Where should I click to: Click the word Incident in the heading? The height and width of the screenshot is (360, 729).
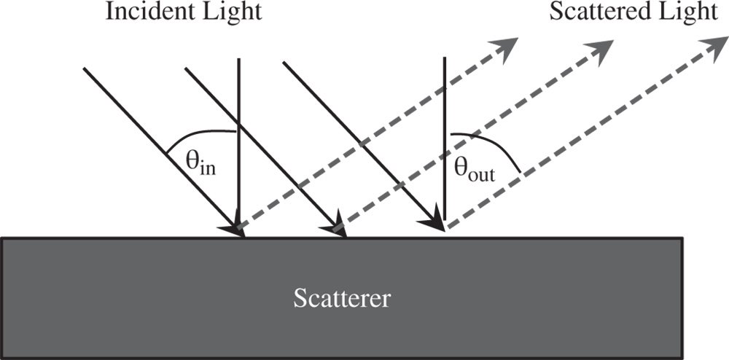tap(141, 12)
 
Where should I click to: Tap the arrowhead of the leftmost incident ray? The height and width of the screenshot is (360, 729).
tap(237, 228)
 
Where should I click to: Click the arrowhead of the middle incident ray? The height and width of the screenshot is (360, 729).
tap(338, 229)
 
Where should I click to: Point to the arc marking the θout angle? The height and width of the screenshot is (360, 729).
tap(496, 146)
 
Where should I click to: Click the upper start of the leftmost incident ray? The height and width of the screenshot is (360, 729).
tap(85, 69)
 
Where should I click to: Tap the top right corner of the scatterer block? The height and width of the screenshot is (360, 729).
tap(682, 238)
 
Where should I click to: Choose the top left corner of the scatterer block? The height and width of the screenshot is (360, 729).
tap(2, 238)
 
